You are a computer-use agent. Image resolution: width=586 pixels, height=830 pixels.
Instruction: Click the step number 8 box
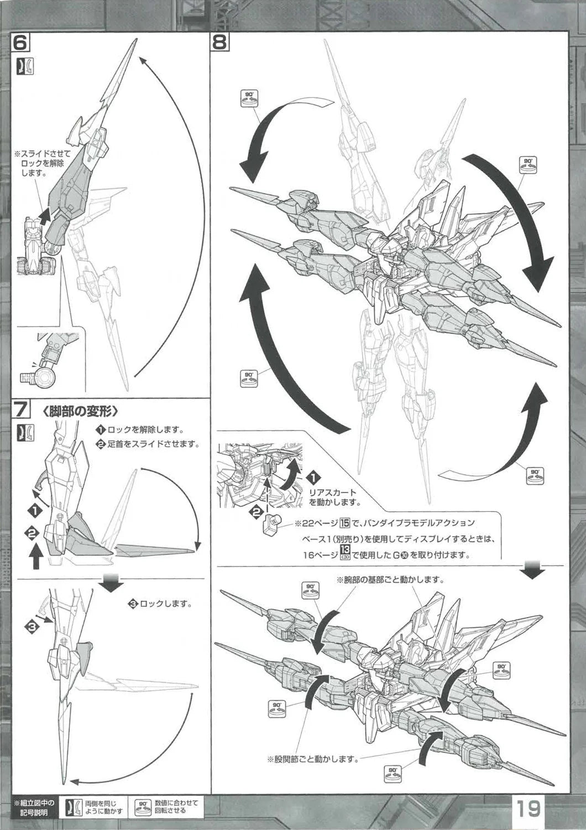tap(219, 43)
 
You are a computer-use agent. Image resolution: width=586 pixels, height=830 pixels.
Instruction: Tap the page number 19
tap(529, 809)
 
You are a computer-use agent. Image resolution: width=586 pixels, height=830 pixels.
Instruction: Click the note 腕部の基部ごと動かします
tap(390, 580)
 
